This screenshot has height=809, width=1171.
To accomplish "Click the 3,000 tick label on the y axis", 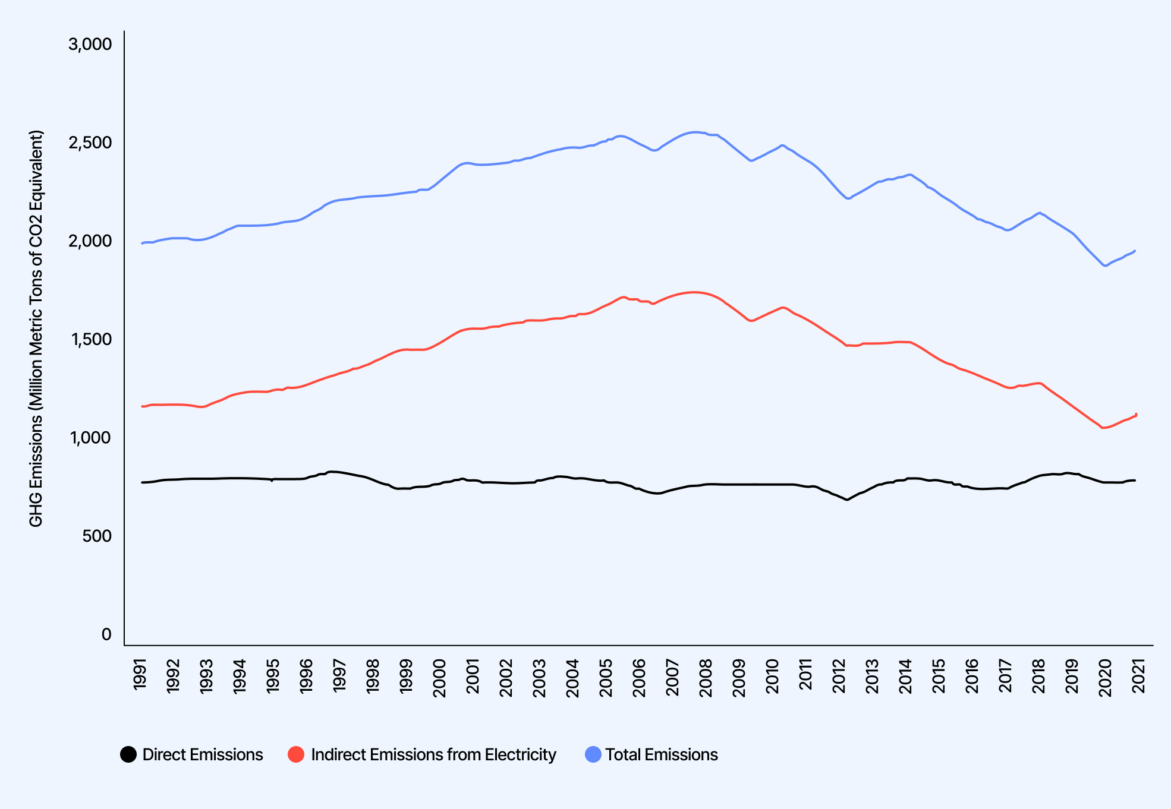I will (x=90, y=45).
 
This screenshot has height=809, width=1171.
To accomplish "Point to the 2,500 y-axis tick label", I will (x=90, y=143).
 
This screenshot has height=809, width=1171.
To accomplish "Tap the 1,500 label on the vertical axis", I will (x=90, y=339).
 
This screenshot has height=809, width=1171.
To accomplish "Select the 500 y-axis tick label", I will (x=97, y=536).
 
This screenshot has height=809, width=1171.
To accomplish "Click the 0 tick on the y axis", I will (x=106, y=634).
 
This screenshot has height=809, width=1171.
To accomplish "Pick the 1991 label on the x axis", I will (x=140, y=675).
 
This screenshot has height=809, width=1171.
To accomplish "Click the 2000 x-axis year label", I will (x=440, y=675).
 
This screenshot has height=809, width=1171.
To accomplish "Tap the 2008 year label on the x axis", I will (x=706, y=675).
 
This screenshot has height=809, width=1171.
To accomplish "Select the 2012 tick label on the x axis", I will (x=839, y=675).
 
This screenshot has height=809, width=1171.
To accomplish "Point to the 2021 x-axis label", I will (x=1139, y=675).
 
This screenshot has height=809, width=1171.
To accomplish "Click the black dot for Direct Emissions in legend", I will (x=128, y=754).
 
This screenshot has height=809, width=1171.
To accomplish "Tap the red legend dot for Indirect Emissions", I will (x=296, y=754).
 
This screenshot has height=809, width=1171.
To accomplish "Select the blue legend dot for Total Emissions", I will (x=593, y=754).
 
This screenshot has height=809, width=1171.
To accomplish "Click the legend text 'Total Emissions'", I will (x=662, y=754).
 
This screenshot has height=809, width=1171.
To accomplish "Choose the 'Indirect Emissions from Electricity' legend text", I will (x=433, y=754).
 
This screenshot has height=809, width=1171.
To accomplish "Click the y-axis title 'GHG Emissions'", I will (x=36, y=328).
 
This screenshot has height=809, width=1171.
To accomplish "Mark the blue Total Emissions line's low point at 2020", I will (x=1106, y=266).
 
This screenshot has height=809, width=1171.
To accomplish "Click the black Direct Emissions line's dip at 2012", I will (x=847, y=500).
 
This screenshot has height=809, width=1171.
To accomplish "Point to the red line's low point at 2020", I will (x=1104, y=428).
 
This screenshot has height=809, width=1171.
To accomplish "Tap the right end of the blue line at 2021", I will (x=1135, y=251).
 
